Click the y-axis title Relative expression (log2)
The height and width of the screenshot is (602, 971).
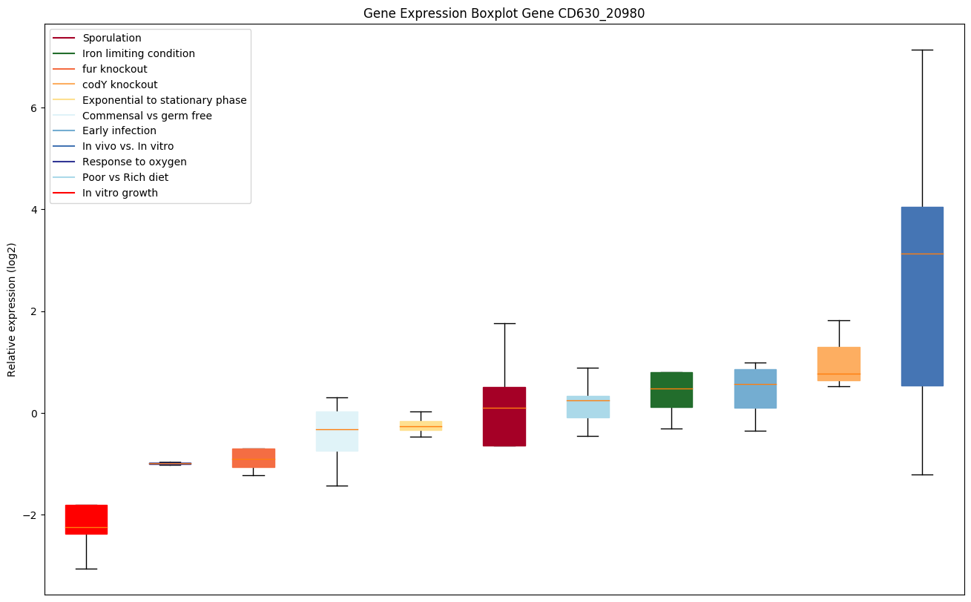tap(12, 309)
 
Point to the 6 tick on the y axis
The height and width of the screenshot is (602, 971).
tap(33, 107)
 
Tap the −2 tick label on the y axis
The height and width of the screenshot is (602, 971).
tap(30, 515)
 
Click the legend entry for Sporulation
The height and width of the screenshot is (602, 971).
tap(112, 38)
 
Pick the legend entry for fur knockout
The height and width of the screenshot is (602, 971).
tap(115, 69)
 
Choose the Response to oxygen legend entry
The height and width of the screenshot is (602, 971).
tap(134, 162)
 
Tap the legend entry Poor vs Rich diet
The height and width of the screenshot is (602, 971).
tap(125, 177)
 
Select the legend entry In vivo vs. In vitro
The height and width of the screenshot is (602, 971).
tap(128, 146)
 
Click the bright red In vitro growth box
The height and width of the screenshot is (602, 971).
tap(86, 519)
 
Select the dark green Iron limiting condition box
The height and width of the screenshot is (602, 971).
tap(671, 389)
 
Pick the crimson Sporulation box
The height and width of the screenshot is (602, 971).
tap(504, 416)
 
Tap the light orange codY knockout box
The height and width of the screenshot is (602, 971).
tap(838, 363)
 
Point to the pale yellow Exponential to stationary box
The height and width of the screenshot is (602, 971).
tap(421, 426)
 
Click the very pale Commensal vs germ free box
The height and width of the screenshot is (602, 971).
tap(337, 431)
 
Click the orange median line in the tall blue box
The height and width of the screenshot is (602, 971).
tap(922, 254)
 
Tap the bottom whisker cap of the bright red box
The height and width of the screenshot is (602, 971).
tap(86, 569)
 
